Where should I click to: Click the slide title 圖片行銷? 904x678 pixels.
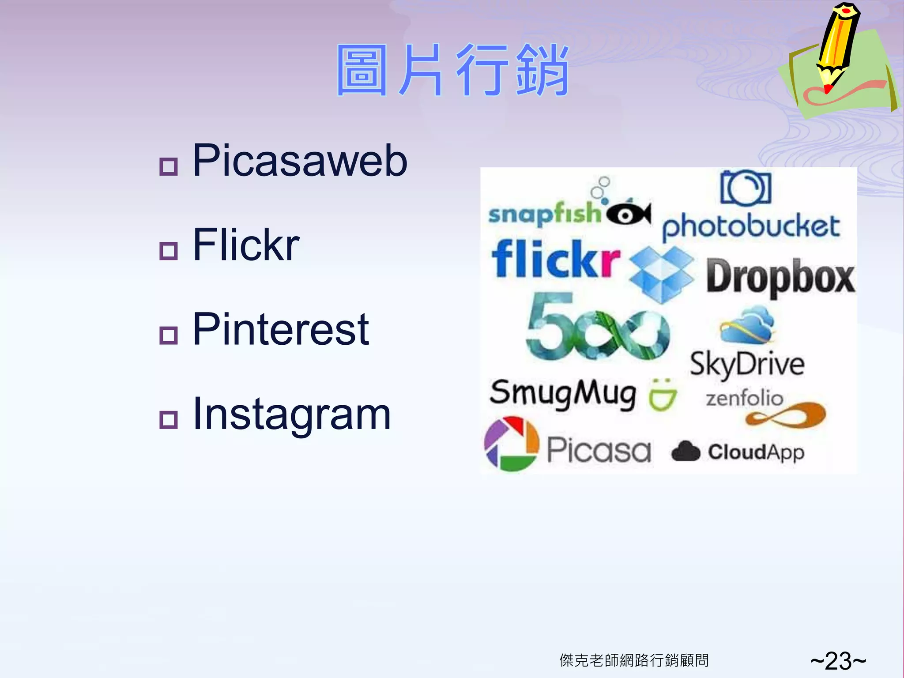tap(452, 71)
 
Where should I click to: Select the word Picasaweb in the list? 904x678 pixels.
tap(300, 161)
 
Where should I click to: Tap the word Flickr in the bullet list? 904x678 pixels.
tap(246, 245)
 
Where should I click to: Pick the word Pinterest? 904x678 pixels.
tap(281, 329)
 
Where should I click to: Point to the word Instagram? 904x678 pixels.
tap(292, 414)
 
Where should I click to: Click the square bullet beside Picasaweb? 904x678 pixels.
tap(168, 166)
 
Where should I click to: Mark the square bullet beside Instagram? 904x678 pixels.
tap(168, 420)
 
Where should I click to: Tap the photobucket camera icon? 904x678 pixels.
tap(746, 188)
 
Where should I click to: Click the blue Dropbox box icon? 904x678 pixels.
tap(661, 274)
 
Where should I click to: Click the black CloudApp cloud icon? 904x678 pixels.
tap(686, 452)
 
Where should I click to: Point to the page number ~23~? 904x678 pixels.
tap(838, 661)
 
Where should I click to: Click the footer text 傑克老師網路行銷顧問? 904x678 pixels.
tap(634, 660)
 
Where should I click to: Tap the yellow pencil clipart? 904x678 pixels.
tap(836, 46)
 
